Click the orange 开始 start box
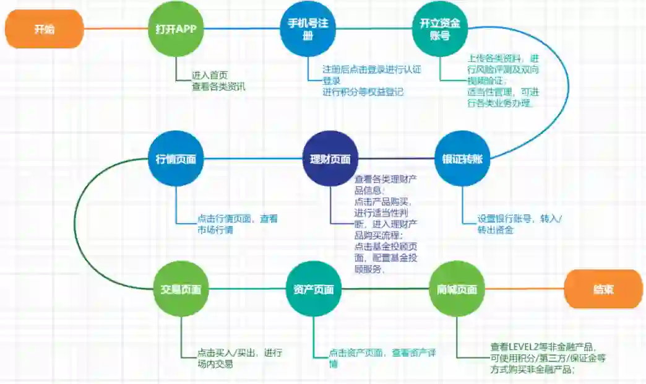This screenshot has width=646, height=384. pos(44,28)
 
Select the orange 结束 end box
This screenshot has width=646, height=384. pos(603,289)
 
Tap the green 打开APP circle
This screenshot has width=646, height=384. pos(176,28)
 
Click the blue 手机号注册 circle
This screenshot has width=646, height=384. pos(308,28)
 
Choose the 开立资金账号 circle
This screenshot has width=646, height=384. pos(439,29)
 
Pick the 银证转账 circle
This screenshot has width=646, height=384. pos(462,159)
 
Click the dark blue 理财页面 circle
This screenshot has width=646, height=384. pos(330,159)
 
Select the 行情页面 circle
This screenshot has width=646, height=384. pos(176,159)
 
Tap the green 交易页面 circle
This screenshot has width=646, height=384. pos(181,289)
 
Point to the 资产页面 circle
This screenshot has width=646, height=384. pos(314,289)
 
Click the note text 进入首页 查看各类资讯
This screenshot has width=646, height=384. pos(218,81)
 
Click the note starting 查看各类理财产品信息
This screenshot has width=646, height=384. pos(387,224)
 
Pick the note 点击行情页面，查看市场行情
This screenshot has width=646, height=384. pos(237,224)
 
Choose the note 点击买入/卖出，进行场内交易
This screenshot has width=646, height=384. pos(239,358)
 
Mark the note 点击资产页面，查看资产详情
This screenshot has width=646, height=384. pos(382,358)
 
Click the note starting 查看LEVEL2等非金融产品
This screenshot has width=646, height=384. pos(548,358)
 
